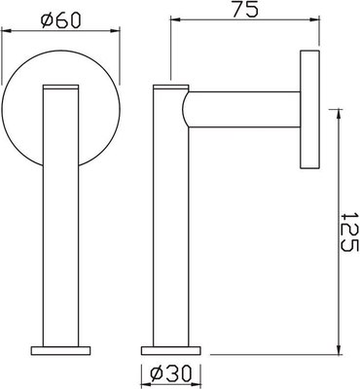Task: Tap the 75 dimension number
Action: tap(245, 12)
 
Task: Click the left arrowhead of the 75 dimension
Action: tap(174, 24)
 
